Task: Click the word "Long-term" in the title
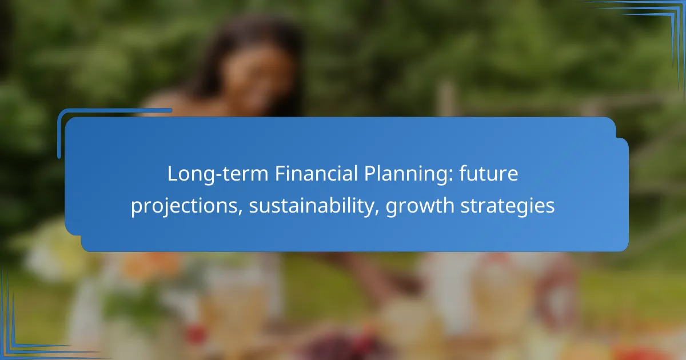pos(218,174)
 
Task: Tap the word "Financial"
pos(316,173)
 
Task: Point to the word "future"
pos(488,174)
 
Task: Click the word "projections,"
pos(187,206)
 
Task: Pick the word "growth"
pos(420,206)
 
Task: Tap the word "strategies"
pos(508,206)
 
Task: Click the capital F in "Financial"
pos(280,174)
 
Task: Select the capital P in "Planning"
pos(370,174)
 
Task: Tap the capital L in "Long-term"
pos(173,174)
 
